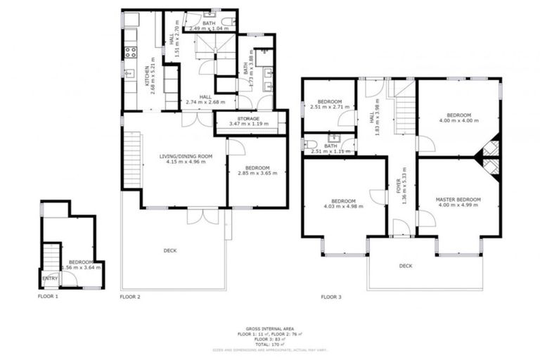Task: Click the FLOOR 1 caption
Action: (48, 297)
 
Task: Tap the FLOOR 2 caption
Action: (130, 297)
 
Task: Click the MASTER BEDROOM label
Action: (458, 200)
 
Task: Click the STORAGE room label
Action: (248, 119)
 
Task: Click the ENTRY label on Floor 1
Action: (50, 278)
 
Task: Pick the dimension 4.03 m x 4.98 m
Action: (345, 206)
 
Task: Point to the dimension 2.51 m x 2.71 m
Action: (329, 108)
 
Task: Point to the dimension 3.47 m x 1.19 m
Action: (248, 124)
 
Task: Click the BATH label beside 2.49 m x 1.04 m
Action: (209, 23)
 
